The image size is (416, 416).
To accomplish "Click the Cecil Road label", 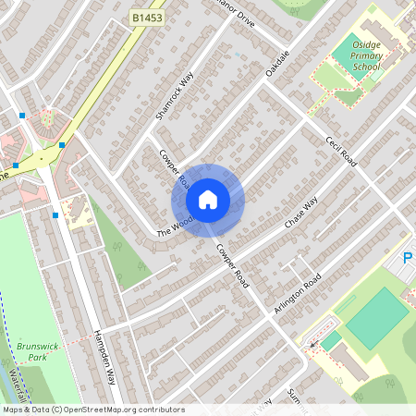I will (340, 152).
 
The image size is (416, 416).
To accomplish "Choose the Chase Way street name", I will (300, 214).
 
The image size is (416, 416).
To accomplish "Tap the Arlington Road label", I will (297, 293).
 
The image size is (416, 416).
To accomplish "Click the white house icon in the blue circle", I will (207, 200).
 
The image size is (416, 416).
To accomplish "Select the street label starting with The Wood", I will (175, 226).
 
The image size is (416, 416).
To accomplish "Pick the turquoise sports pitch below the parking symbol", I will (376, 317).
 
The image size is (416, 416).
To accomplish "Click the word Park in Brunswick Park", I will (36, 357).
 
